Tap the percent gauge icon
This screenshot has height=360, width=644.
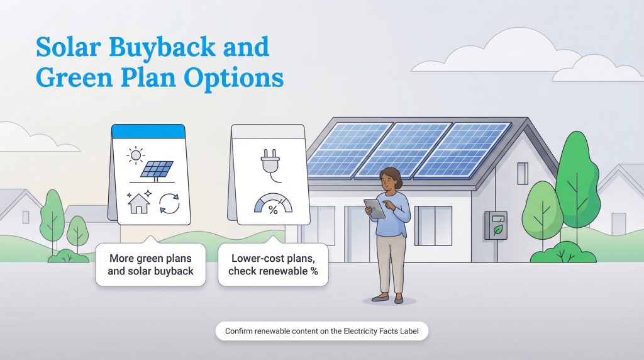(273, 206)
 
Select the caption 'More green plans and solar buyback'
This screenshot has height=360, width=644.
(150, 264)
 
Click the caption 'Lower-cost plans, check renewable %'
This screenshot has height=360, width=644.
(273, 264)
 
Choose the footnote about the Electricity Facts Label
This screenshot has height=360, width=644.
(321, 330)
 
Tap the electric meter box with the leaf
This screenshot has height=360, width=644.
(495, 225)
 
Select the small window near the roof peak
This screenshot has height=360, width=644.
(522, 172)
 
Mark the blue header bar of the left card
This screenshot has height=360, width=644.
(148, 131)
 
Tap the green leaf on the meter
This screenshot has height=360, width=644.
(497, 230)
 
